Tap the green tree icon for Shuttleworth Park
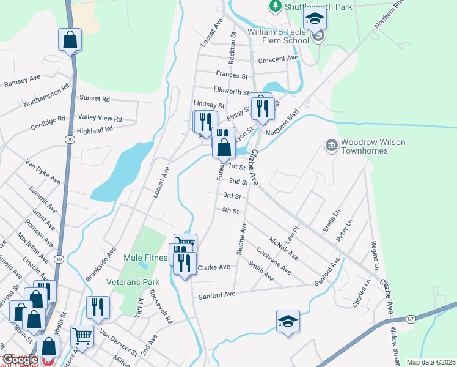pyautogui.click(x=276, y=6)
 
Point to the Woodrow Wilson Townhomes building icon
pyautogui.click(x=331, y=145)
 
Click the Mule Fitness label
pyautogui.click(x=145, y=258)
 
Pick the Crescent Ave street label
pyautogui.click(x=277, y=59)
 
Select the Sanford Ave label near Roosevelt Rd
pyautogui.click(x=217, y=295)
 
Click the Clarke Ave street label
pyautogui.click(x=213, y=267)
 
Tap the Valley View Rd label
pyautogui.click(x=100, y=118)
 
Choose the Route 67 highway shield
pyautogui.click(x=410, y=319)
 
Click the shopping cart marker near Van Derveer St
pyautogui.click(x=82, y=335)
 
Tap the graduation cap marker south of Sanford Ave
pyautogui.click(x=288, y=321)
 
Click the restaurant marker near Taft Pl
pyautogui.click(x=98, y=307)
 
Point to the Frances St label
pyautogui.click(x=232, y=75)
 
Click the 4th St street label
pyautogui.click(x=229, y=210)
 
